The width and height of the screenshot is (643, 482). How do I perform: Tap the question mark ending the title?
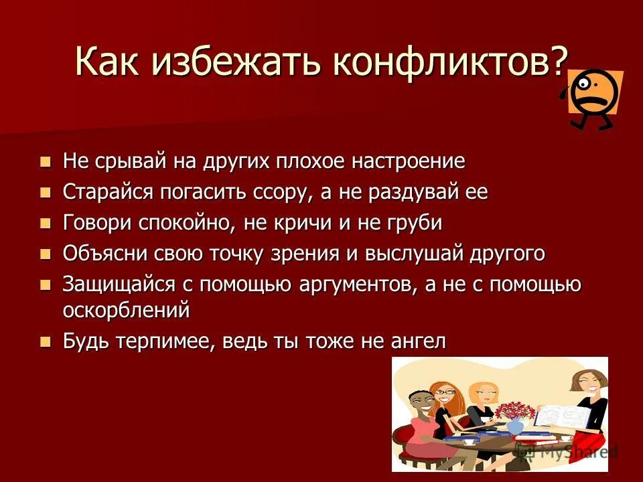pyautogui.click(x=557, y=63)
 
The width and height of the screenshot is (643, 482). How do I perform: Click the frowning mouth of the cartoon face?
pyautogui.click(x=598, y=100)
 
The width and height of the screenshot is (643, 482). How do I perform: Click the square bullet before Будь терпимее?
pyautogui.click(x=46, y=341)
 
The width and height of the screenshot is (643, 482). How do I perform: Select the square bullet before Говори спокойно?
pyautogui.click(x=46, y=223)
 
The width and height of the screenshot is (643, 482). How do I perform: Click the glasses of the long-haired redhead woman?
pyautogui.click(x=443, y=392)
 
